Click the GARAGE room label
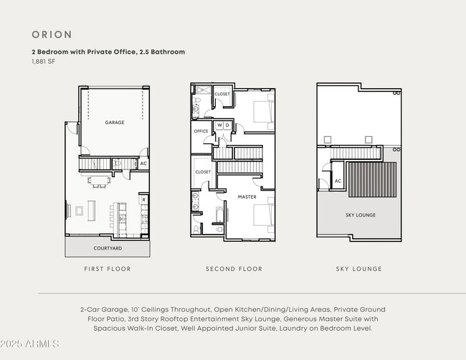point(115,123)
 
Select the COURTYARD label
point(108,248)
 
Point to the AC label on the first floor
point(143,164)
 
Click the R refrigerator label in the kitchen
point(143,200)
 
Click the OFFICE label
point(201,131)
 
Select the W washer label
point(219,125)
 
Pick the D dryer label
point(227,125)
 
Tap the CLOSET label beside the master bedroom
point(203,172)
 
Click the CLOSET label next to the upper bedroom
point(222,94)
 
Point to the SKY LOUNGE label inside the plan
point(361,215)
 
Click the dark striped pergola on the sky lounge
point(372,179)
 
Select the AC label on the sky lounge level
point(338,181)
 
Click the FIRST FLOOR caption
point(108,269)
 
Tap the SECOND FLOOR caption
point(234,269)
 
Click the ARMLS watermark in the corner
point(30,346)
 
